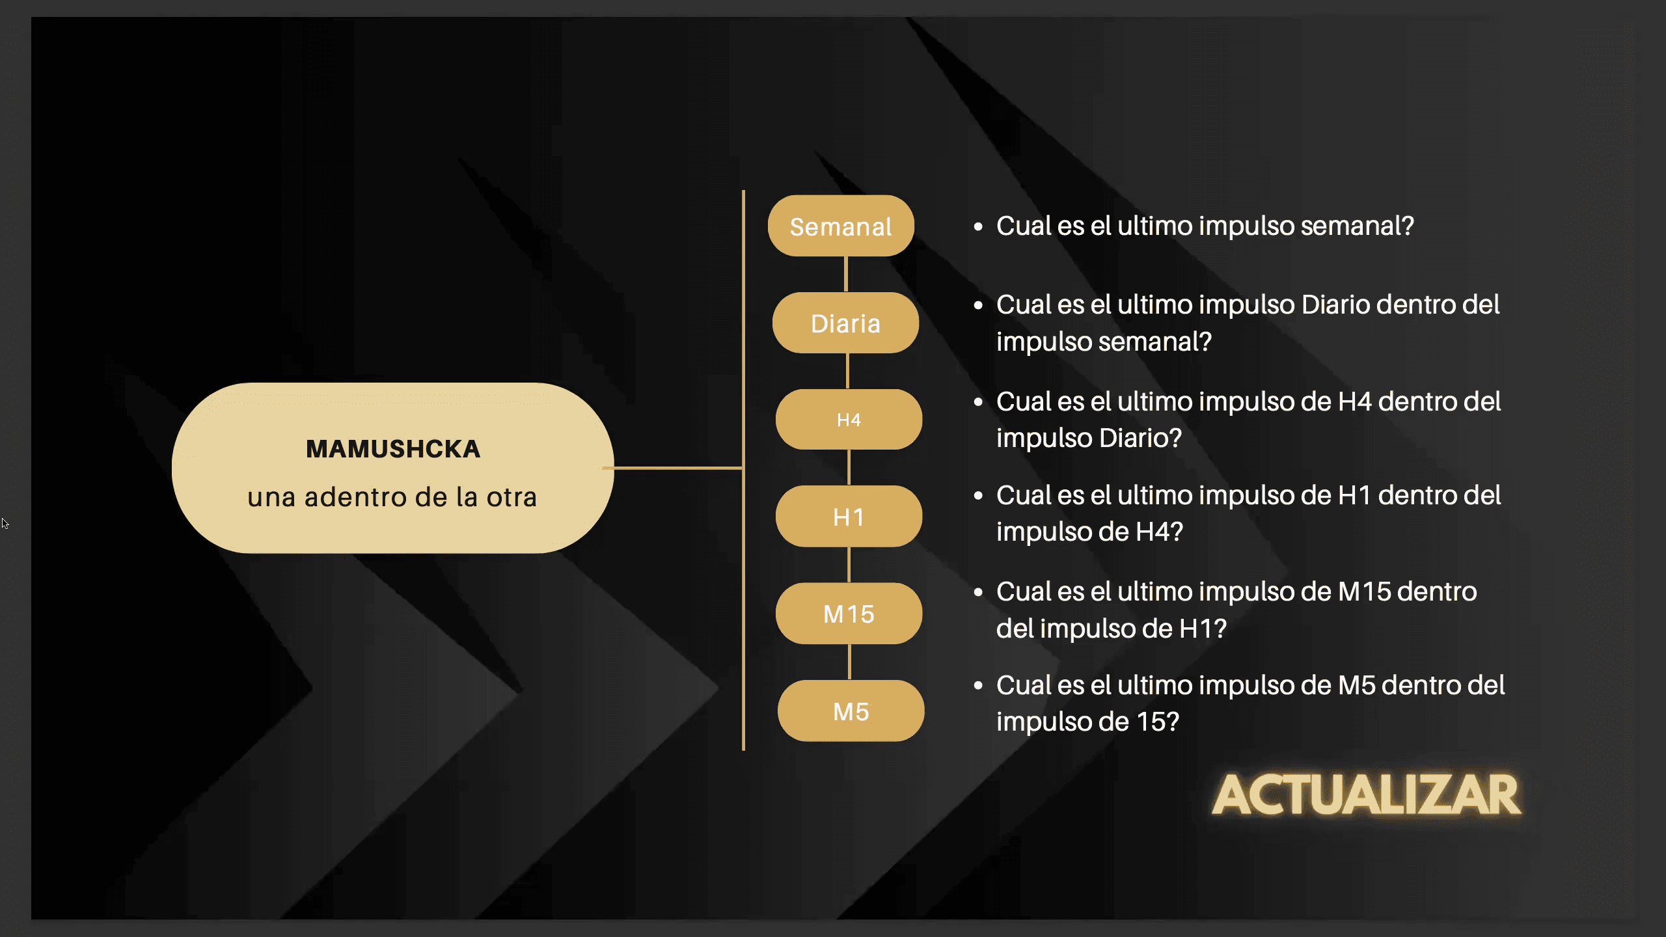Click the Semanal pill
coord(841,226)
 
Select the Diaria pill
coord(845,323)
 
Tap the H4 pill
coord(849,420)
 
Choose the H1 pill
coord(849,517)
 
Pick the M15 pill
coord(849,614)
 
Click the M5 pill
coord(851,711)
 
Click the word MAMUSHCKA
coord(393,449)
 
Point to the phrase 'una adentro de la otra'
coord(392,497)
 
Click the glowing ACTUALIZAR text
coord(1367,794)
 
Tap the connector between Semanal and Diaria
coord(846,274)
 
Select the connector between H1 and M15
coord(849,565)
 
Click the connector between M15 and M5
coord(849,662)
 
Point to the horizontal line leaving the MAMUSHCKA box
coord(673,468)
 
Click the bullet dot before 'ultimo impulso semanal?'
coord(978,226)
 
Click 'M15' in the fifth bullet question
coord(1365,591)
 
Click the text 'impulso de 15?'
coord(1087,722)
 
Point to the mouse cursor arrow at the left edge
coord(5,523)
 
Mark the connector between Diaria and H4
coord(847,371)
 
